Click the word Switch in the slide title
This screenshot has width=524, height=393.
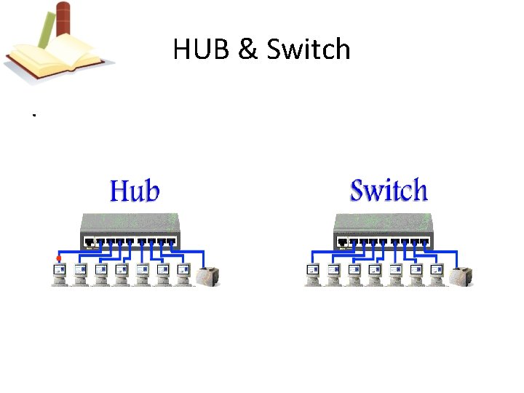click(309, 49)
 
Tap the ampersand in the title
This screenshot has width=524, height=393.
click(247, 49)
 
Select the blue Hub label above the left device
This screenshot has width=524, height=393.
click(135, 191)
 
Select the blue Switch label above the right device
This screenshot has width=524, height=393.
click(389, 191)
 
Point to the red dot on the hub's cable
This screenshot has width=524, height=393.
click(58, 258)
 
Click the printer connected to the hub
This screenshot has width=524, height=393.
click(209, 276)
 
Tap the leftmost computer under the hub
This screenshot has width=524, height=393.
click(59, 274)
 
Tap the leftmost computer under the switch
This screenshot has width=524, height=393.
click(313, 274)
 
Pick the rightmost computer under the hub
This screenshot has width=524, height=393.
click(183, 274)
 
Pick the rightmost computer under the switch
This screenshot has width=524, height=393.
click(437, 274)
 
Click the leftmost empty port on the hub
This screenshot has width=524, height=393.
click(89, 242)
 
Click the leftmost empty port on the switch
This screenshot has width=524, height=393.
click(343, 242)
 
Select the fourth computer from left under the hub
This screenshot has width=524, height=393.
click(122, 274)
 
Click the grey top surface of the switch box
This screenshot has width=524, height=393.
click(384, 222)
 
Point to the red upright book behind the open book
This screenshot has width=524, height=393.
click(64, 18)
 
